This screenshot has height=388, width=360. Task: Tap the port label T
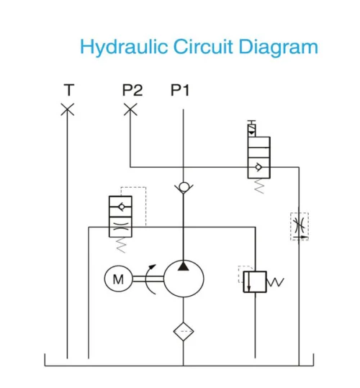click(68, 90)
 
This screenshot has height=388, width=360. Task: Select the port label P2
click(132, 90)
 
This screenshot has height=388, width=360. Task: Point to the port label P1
click(181, 90)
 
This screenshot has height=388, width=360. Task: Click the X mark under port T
click(67, 109)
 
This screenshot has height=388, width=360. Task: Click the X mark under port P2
click(130, 109)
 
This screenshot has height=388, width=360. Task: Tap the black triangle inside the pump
click(184, 266)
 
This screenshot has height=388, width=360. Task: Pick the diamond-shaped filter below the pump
click(184, 332)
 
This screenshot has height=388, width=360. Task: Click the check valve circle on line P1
click(184, 188)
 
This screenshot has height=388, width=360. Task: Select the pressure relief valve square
click(253, 280)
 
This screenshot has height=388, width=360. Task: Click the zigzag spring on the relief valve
click(275, 281)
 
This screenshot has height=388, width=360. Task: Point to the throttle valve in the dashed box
click(300, 225)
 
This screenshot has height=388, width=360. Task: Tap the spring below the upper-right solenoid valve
click(256, 186)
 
